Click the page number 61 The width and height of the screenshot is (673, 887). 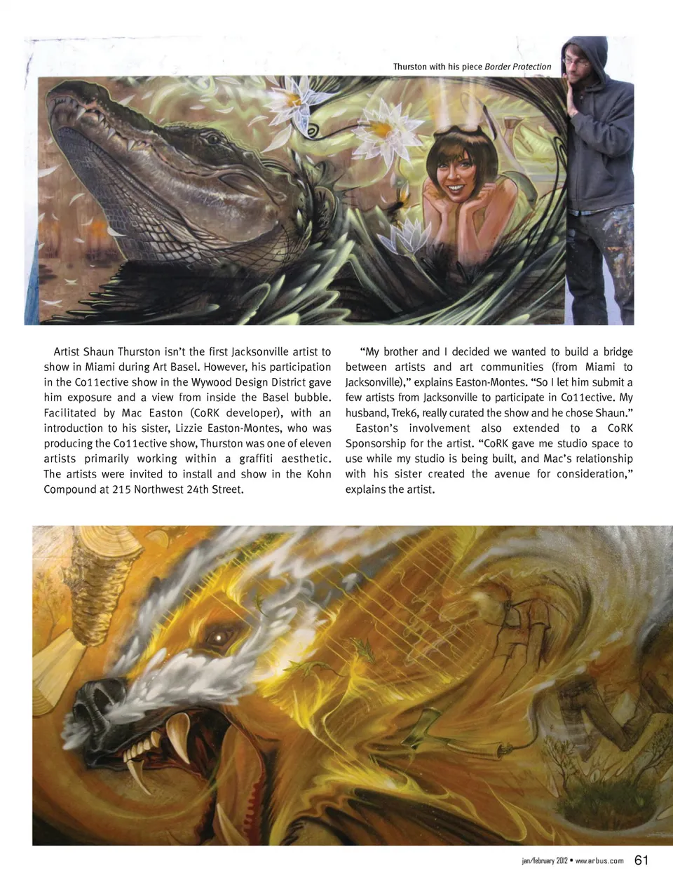pos(641,860)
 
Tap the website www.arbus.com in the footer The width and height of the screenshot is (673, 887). pos(599,861)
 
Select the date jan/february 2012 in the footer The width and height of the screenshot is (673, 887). pos(540,861)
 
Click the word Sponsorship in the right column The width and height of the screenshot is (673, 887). pos(377,444)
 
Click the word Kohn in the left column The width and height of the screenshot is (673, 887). pos(320,474)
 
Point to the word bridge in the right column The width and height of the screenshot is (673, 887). pos(618,352)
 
